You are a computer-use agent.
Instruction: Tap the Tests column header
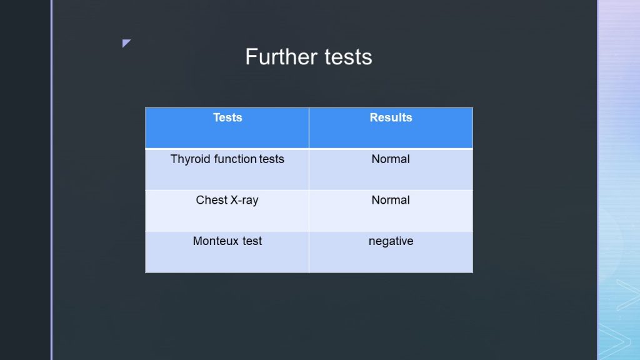tap(227, 117)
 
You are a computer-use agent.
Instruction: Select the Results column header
tap(391, 117)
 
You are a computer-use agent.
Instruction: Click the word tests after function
tap(271, 159)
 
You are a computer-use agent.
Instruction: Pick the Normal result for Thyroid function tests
tap(391, 159)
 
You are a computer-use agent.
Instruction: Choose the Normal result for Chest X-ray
tap(391, 200)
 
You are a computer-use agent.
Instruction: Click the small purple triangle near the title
tap(126, 43)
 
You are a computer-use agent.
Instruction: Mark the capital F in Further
tap(251, 56)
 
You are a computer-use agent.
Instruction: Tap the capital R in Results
tap(374, 117)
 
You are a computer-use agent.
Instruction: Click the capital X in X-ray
tap(234, 200)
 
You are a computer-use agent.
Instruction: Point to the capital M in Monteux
tap(197, 241)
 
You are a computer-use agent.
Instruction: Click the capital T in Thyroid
tap(174, 159)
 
